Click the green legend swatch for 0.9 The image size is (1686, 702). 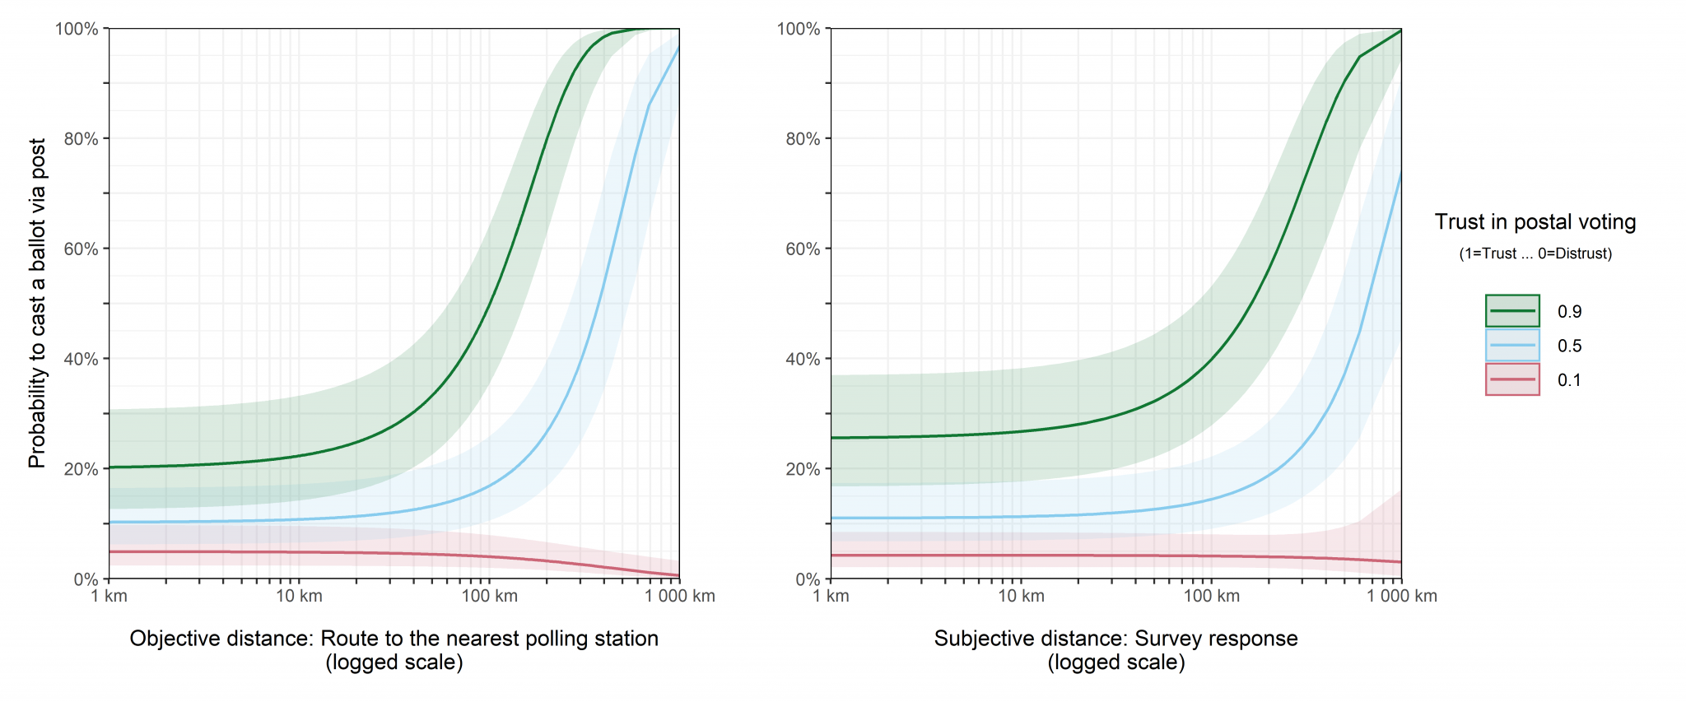coord(1512,311)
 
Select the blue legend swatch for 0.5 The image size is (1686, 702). coord(1512,346)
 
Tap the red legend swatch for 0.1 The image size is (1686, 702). coord(1512,379)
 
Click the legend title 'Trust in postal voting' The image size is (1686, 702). coord(1535,222)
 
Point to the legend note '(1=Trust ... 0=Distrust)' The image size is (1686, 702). coord(1535,253)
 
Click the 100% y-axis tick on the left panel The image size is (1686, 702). coord(77,29)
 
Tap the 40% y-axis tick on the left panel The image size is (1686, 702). coord(81,359)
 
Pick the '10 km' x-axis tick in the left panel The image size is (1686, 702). coord(299,596)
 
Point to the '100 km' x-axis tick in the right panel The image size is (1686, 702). coord(1211,596)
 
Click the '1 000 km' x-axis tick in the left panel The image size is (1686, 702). coord(679,596)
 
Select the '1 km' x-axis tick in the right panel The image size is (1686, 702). coord(831,596)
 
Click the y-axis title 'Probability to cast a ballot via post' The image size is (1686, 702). coord(37,304)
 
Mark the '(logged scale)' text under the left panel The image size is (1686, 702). coord(394,662)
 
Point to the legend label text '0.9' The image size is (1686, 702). coord(1569,312)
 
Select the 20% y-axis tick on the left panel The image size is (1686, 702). coord(81,469)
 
